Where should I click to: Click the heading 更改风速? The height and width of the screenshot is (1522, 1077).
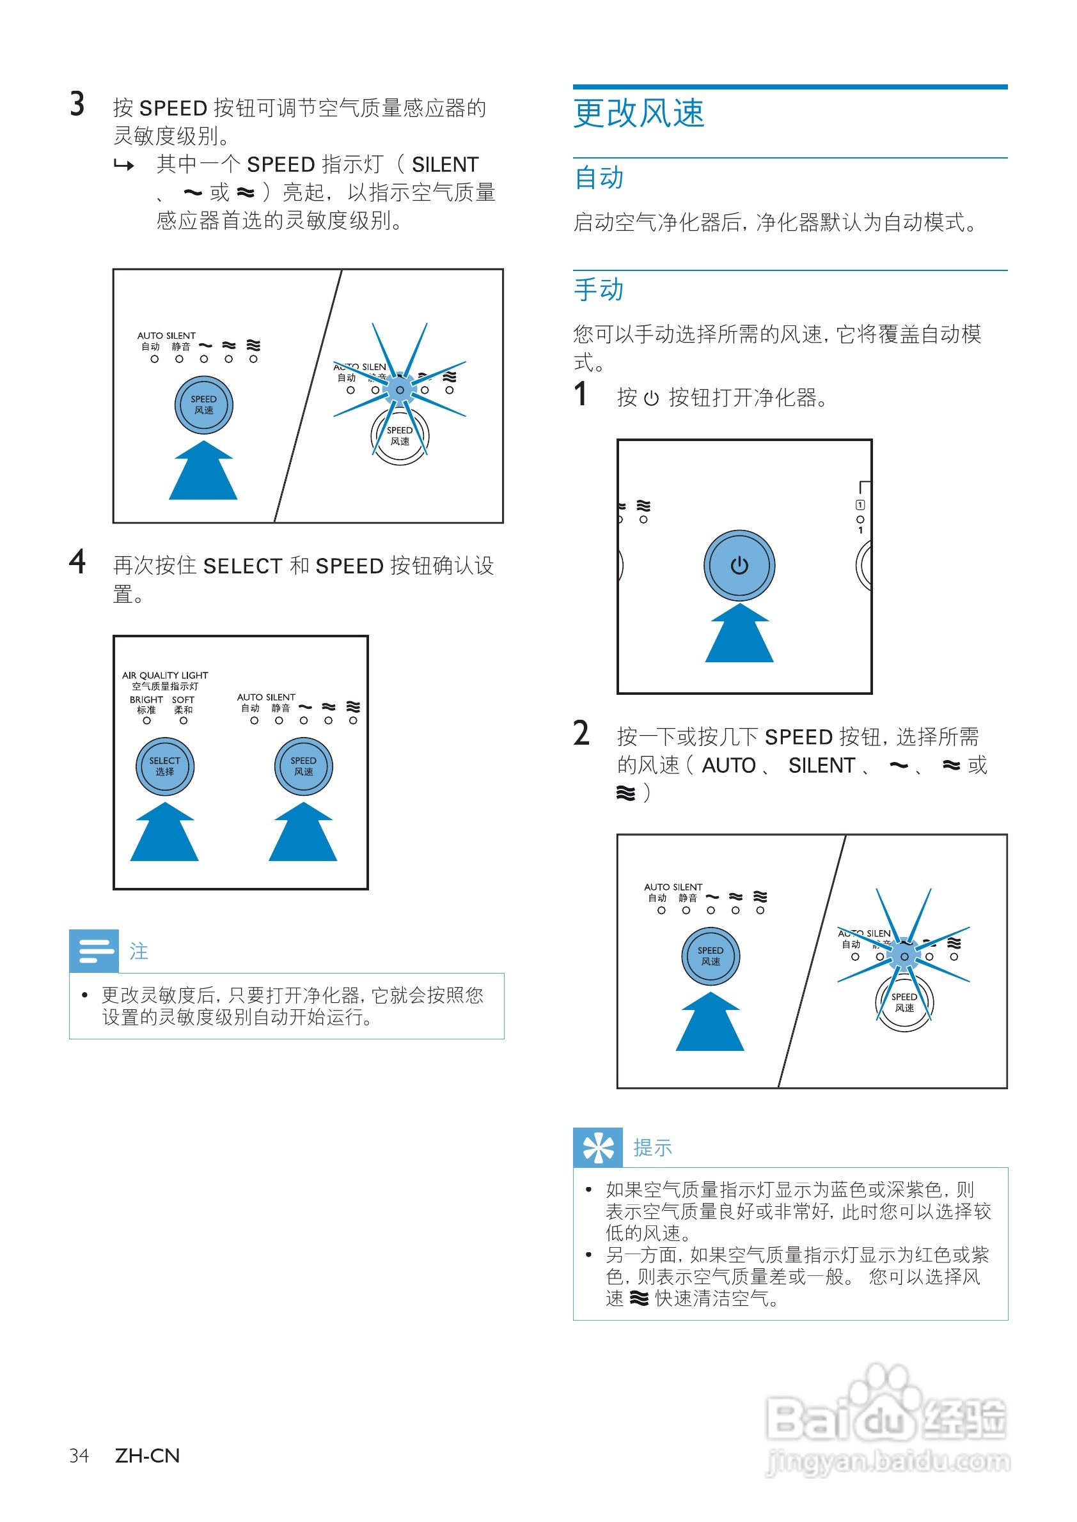click(639, 113)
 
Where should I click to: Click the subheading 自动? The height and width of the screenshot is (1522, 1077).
click(598, 178)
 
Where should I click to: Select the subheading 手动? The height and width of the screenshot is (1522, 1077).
click(598, 290)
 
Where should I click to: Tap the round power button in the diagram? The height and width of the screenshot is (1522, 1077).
click(739, 566)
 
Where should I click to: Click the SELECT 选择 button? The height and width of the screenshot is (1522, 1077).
click(164, 766)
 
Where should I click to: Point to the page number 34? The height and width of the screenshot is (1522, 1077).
click(79, 1456)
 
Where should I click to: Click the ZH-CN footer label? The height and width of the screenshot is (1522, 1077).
click(147, 1456)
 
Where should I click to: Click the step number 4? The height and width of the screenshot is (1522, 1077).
click(77, 562)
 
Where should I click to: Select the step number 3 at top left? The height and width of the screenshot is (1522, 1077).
click(77, 104)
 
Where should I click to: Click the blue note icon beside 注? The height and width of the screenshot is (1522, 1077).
click(94, 951)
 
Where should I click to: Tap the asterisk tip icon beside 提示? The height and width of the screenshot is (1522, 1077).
click(597, 1147)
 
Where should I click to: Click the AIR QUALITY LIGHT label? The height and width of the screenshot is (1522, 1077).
click(165, 676)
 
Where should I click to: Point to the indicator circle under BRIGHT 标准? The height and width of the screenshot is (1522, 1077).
click(146, 720)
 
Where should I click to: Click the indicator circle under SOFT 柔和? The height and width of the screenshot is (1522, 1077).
click(184, 720)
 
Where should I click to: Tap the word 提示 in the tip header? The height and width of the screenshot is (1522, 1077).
click(652, 1148)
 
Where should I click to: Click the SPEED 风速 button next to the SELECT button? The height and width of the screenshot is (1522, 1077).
click(304, 766)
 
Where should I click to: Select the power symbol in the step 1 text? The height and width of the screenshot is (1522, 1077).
click(651, 398)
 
